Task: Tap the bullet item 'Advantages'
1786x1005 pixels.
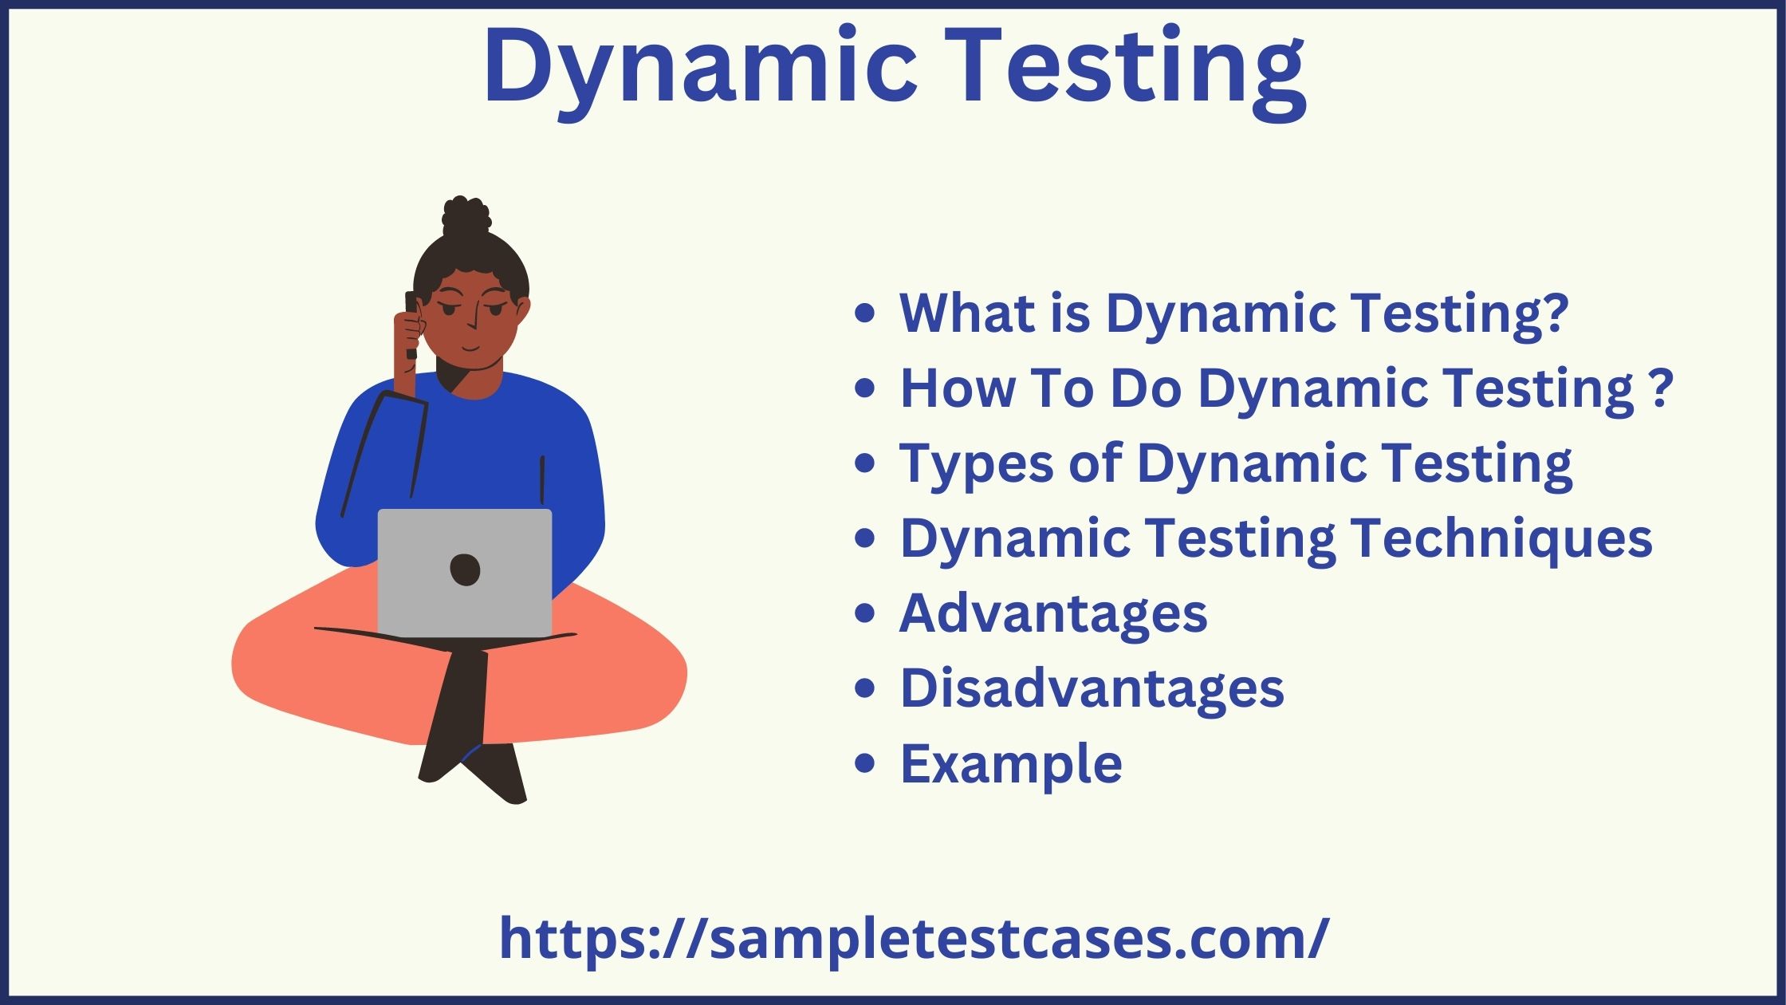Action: (x=1053, y=613)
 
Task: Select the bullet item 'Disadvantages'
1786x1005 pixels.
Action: (x=1092, y=688)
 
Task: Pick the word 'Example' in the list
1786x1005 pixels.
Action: (x=1011, y=763)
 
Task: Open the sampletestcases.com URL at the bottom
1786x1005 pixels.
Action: (x=914, y=939)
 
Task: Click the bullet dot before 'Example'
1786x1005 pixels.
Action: (x=864, y=763)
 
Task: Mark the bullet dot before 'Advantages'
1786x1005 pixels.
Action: (x=864, y=613)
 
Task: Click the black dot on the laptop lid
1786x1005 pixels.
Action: (x=465, y=569)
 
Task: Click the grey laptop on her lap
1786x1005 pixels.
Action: (x=465, y=572)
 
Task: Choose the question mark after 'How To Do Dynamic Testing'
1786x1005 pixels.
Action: (x=1662, y=388)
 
